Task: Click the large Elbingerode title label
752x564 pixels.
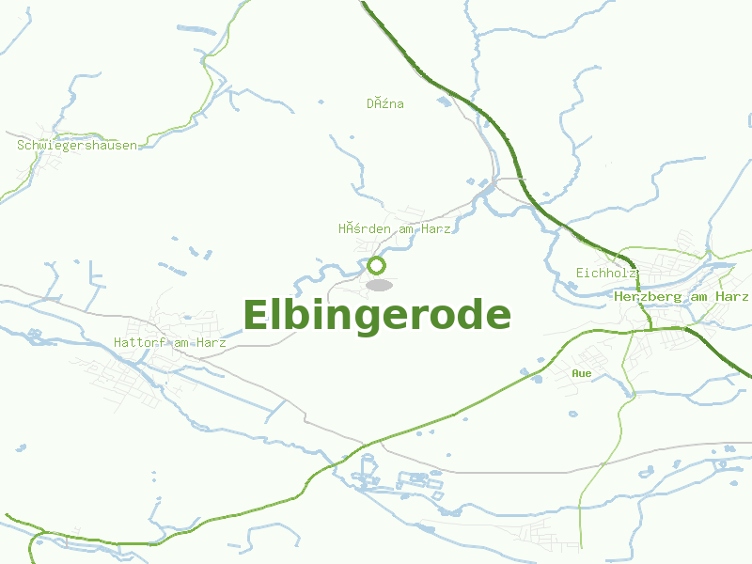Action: (377, 316)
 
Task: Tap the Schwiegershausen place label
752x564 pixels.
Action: (77, 146)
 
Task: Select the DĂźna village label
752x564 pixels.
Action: (385, 103)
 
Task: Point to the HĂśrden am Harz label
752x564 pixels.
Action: (395, 228)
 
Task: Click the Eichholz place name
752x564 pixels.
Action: (607, 273)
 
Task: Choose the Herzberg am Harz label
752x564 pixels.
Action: (681, 296)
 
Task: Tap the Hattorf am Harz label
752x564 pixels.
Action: (170, 343)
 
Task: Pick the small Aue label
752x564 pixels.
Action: (582, 373)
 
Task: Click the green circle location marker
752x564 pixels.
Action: (377, 265)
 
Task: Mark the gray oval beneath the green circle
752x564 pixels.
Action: (379, 285)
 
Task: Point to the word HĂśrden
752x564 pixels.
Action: (361, 228)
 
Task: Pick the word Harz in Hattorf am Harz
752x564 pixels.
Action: (212, 343)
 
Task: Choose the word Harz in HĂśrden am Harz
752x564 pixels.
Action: (437, 228)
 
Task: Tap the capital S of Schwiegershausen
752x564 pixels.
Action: (21, 146)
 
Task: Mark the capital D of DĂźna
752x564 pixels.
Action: (370, 103)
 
